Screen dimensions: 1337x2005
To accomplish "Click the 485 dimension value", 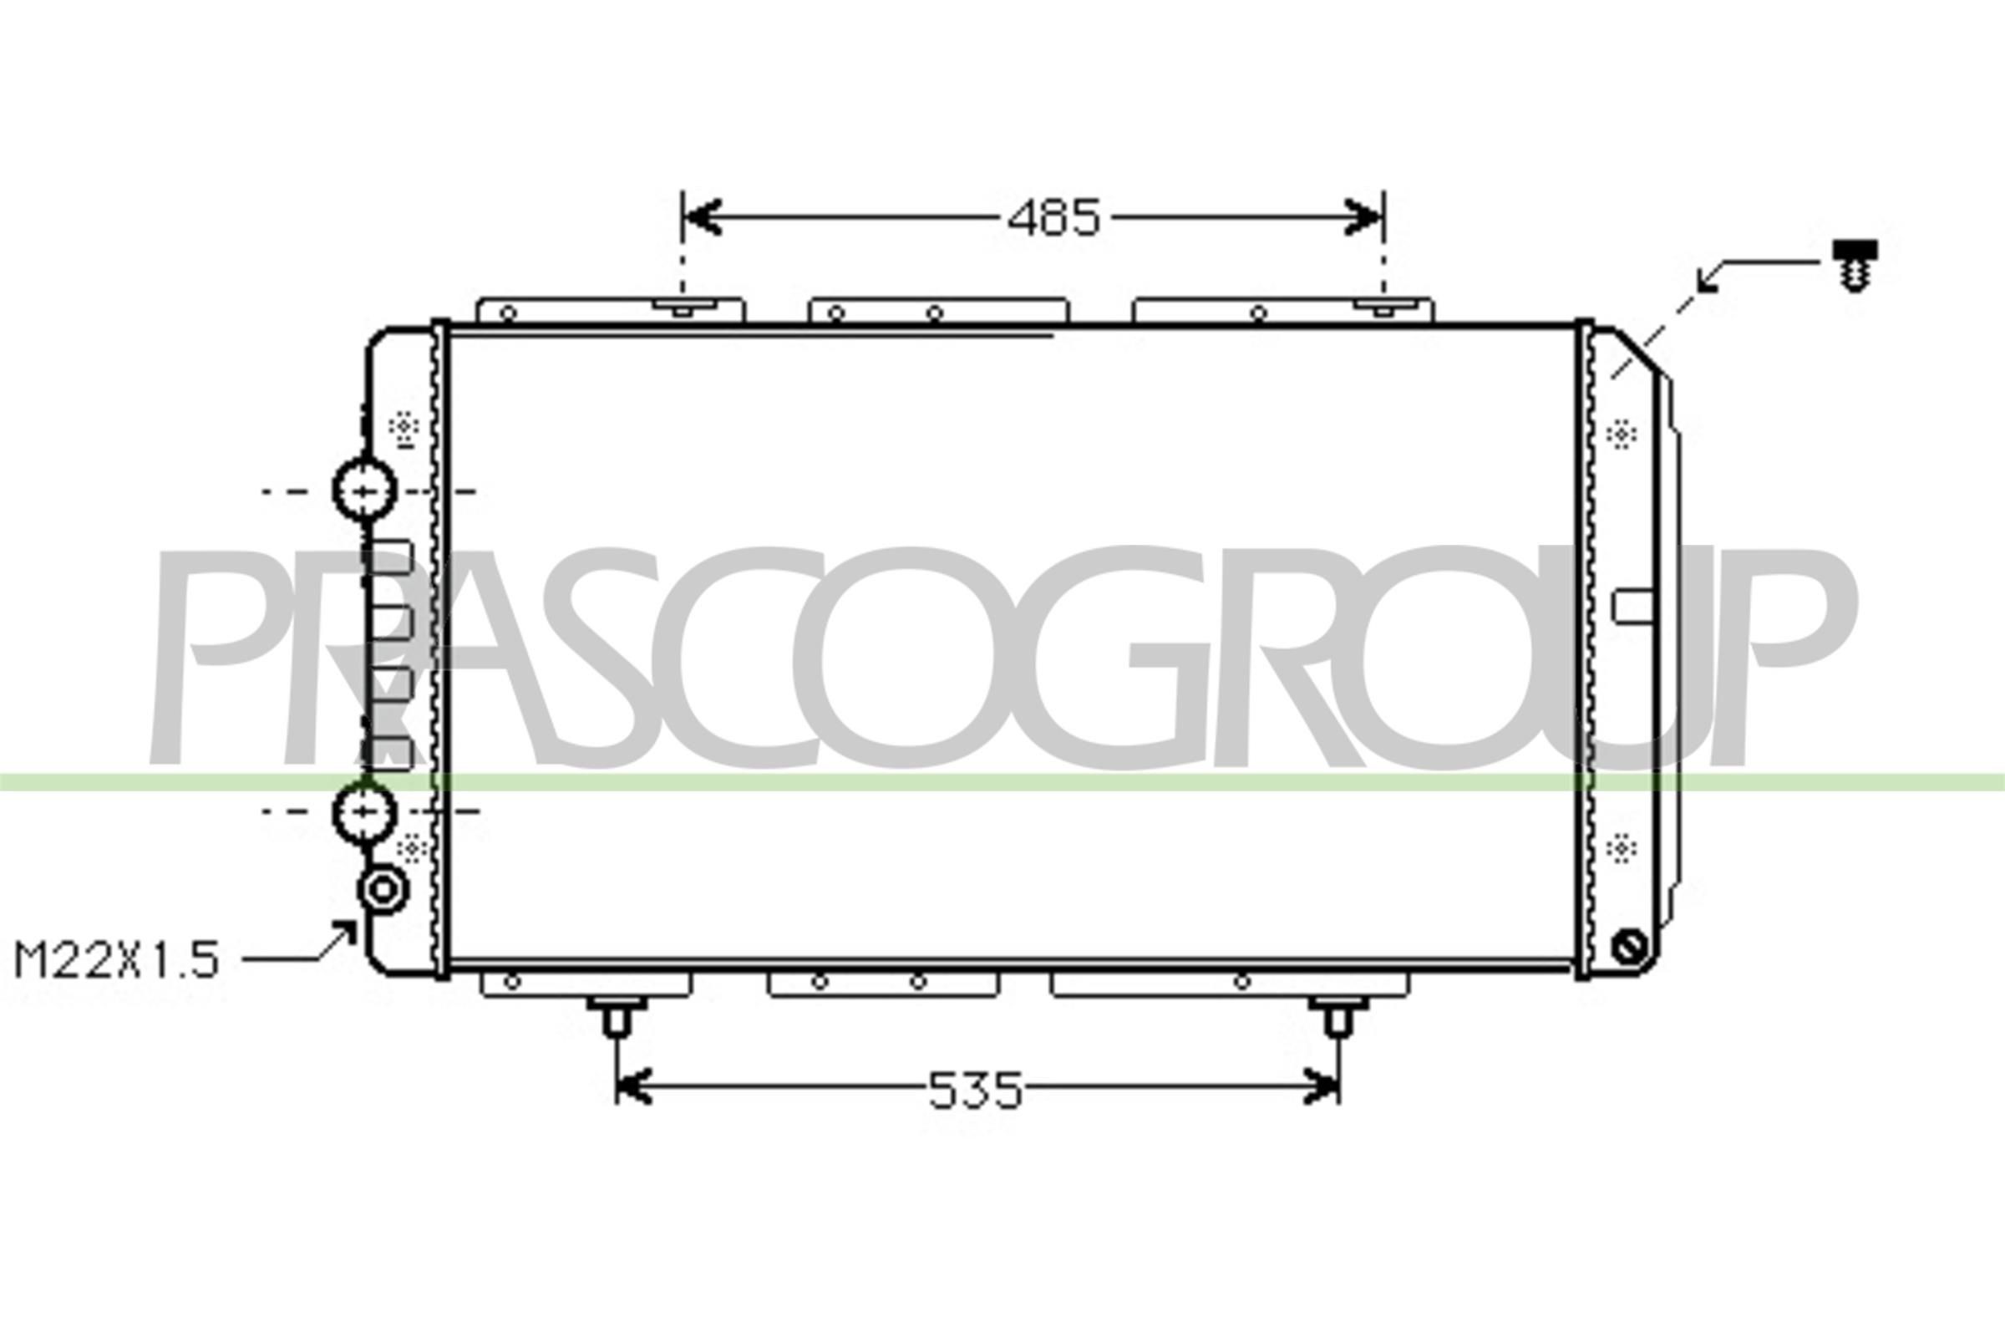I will [x=1053, y=219].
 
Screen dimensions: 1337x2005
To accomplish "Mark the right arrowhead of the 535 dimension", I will [x=1321, y=1086].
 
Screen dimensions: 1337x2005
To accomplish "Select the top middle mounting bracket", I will [x=937, y=310].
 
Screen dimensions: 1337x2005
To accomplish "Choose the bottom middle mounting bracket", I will [x=883, y=984].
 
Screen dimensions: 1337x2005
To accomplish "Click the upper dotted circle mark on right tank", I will [x=1621, y=435].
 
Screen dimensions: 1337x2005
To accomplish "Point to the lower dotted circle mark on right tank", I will [x=1621, y=849].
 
